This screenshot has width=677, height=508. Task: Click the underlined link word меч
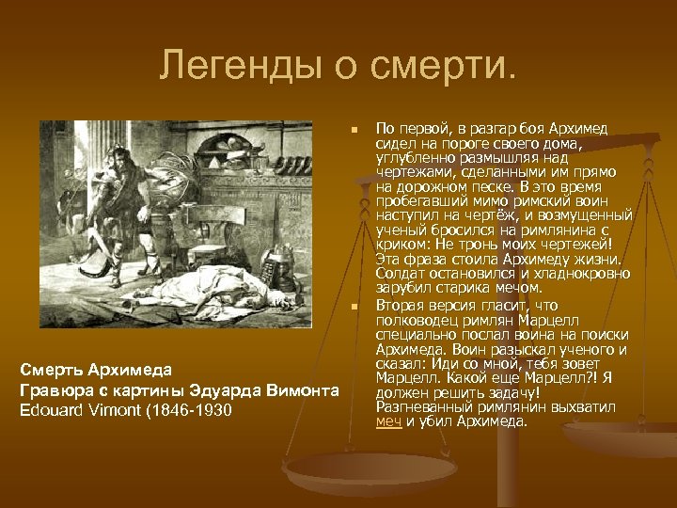387,422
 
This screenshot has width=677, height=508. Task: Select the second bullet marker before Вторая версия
353,307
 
